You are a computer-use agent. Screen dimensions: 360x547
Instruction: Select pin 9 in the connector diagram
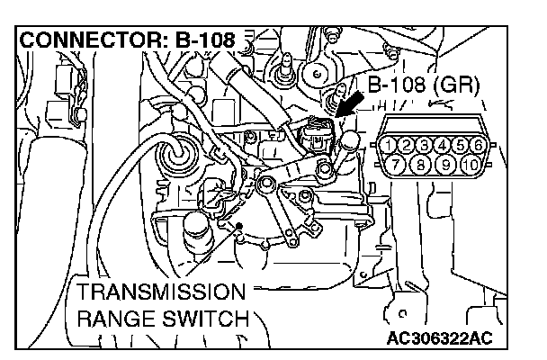pos(444,164)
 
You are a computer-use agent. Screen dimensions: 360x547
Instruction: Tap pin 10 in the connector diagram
pos(471,164)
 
